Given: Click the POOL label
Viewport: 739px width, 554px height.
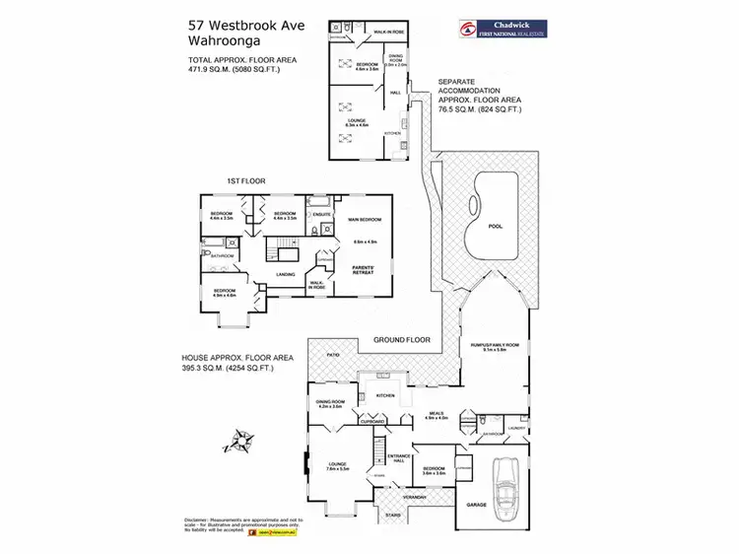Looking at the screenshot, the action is pyautogui.click(x=495, y=226).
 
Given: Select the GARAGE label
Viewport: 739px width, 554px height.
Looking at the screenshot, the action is pyautogui.click(x=477, y=504).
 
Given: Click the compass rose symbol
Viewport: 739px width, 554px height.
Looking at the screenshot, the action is pyautogui.click(x=240, y=440).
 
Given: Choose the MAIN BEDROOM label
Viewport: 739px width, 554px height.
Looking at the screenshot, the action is pyautogui.click(x=365, y=220).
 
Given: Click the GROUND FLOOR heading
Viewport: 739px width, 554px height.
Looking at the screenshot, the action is pyautogui.click(x=403, y=340).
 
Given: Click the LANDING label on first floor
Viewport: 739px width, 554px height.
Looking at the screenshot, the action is pyautogui.click(x=286, y=275).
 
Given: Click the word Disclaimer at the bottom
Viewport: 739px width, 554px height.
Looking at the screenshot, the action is pyautogui.click(x=198, y=519).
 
